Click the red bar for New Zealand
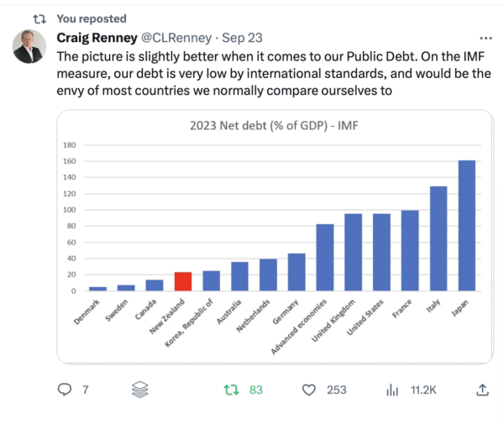[183, 281]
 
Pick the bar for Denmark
[97, 289]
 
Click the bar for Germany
[297, 272]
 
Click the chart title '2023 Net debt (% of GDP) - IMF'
[273, 128]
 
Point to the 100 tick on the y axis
[70, 210]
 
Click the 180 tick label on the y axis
[70, 145]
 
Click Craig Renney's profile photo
[29, 47]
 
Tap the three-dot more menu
[486, 39]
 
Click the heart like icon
[308, 390]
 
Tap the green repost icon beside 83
[229, 390]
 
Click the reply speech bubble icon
[64, 390]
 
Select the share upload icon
[482, 390]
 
